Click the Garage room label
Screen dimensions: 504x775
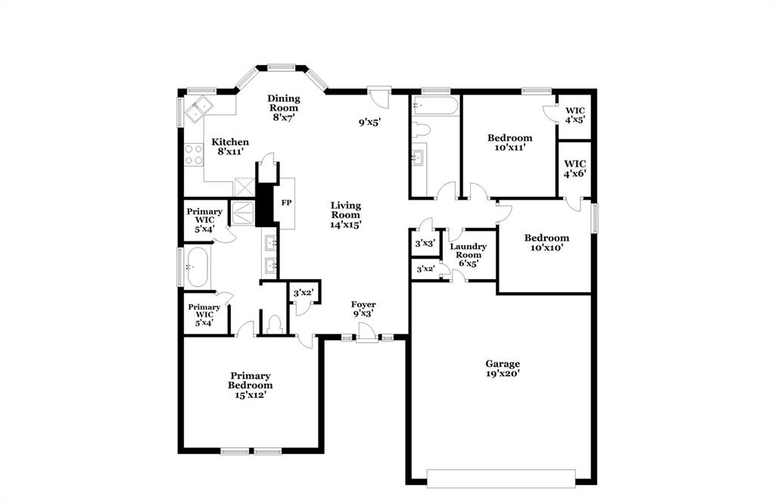point(503,368)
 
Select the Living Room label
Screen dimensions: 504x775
point(345,214)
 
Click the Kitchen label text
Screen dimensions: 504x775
point(230,146)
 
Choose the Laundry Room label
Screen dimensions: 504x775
point(468,254)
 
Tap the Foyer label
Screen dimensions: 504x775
point(363,309)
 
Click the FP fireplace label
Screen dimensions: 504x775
point(286,203)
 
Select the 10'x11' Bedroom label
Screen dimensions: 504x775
point(509,142)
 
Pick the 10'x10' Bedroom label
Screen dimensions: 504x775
point(546,242)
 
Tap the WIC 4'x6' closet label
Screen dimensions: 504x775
point(575,168)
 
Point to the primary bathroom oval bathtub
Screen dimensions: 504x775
point(198,267)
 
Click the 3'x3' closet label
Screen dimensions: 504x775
point(424,244)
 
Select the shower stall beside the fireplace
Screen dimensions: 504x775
point(244,212)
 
